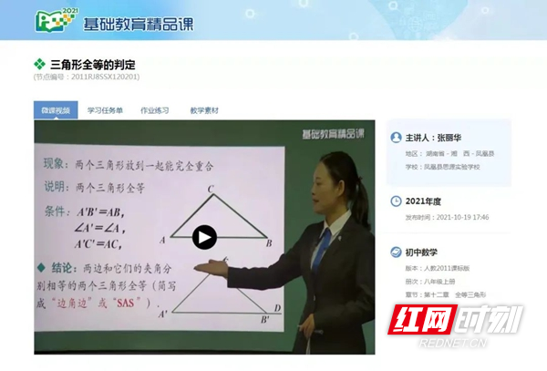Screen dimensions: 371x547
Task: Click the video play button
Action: click(204, 238)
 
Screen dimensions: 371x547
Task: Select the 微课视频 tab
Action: click(55, 110)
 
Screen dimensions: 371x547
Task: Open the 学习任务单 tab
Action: click(105, 110)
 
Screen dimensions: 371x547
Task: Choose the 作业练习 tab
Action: click(154, 110)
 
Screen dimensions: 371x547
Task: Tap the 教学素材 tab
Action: click(204, 110)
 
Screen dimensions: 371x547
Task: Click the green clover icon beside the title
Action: click(39, 65)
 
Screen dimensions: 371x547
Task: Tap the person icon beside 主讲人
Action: click(396, 137)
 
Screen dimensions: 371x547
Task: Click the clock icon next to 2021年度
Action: click(396, 201)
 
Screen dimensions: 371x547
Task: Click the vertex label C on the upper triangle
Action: click(211, 190)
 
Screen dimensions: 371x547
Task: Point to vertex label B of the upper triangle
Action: click(270, 243)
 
